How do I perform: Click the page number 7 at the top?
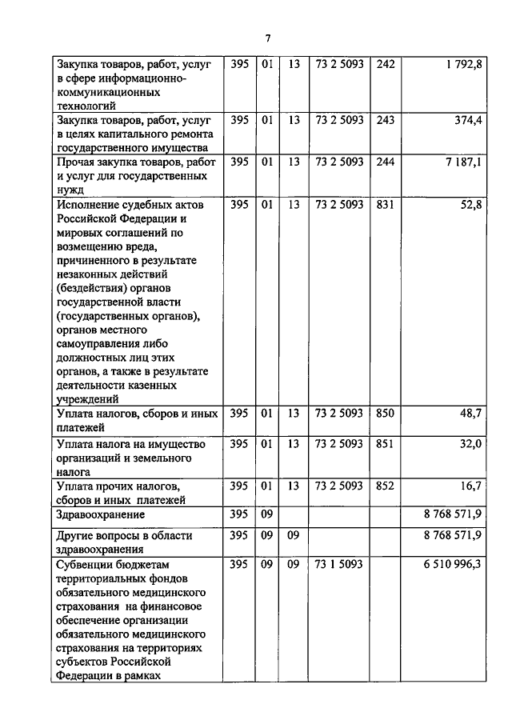(268, 38)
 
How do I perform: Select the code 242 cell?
(385, 65)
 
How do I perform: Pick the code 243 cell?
(385, 121)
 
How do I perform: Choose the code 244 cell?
(385, 162)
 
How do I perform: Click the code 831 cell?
(385, 205)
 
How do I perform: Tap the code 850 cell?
(385, 414)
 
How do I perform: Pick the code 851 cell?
(385, 445)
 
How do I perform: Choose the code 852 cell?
(385, 486)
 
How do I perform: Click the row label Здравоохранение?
(101, 514)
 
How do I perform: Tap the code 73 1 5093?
(339, 565)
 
